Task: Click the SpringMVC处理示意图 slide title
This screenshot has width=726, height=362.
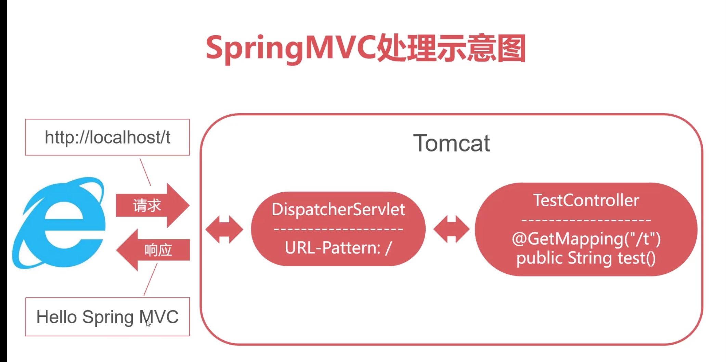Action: click(x=365, y=49)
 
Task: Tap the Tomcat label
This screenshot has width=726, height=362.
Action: click(x=451, y=143)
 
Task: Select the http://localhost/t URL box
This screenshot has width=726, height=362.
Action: click(x=107, y=137)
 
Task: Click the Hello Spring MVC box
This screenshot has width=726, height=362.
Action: click(x=107, y=317)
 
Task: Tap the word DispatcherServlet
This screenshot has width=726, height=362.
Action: click(x=338, y=209)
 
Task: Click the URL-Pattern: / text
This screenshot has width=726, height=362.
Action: click(x=338, y=247)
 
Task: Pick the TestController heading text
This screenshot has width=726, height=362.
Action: click(x=586, y=201)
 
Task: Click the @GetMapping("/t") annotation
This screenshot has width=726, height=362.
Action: click(x=586, y=238)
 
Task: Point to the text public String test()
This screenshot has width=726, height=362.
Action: click(x=586, y=258)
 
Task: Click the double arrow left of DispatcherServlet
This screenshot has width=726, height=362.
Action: click(x=224, y=229)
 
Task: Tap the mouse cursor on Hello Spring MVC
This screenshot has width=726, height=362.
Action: click(x=148, y=323)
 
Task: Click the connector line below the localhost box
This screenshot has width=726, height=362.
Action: click(x=145, y=172)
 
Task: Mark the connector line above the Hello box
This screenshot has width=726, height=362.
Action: click(x=151, y=279)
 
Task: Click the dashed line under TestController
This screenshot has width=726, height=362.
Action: click(x=586, y=220)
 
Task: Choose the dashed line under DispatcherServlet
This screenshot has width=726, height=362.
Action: click(x=338, y=229)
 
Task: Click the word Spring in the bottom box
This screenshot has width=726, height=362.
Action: click(x=108, y=318)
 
